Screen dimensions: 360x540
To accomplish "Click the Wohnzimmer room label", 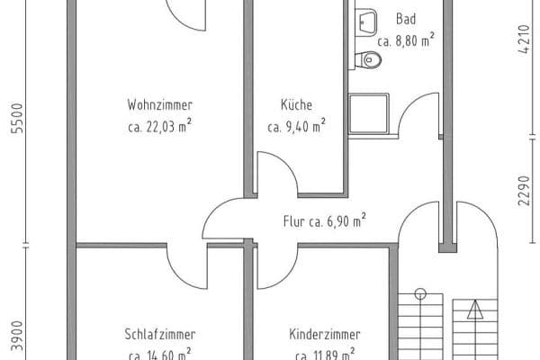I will (160, 104).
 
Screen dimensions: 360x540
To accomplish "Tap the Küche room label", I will (295, 104).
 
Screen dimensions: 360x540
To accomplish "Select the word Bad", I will (405, 19).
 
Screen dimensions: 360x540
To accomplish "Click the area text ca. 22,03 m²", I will (160, 127).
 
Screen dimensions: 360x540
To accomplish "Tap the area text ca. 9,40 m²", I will (295, 127).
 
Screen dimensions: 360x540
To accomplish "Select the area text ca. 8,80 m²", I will (406, 40).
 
